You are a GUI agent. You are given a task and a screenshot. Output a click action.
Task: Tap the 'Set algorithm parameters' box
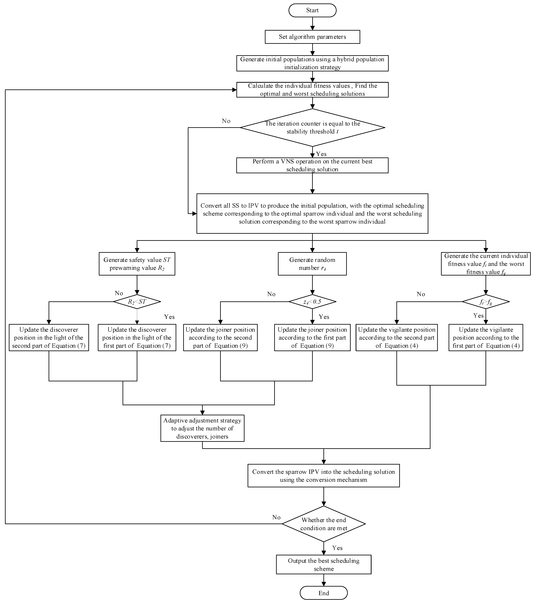(x=312, y=37)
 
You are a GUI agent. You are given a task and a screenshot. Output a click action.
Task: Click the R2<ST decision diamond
(x=137, y=301)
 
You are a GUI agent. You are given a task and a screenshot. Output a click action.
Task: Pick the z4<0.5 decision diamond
(x=312, y=301)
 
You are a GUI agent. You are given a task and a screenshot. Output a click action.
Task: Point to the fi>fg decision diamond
(x=485, y=301)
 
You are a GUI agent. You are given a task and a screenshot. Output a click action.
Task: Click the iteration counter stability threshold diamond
(x=312, y=127)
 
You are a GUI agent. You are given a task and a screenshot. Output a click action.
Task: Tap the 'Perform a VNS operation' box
(x=312, y=165)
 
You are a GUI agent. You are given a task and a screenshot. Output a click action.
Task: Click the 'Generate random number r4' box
(x=312, y=264)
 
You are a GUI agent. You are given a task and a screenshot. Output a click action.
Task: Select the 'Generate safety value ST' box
(x=137, y=264)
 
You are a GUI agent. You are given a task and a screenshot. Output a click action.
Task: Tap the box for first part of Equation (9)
(x=312, y=337)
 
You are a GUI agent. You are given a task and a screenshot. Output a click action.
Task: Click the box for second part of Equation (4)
(x=397, y=337)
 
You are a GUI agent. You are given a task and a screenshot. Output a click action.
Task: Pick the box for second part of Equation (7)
(x=49, y=337)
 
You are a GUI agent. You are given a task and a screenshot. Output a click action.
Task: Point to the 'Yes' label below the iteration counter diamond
(x=321, y=154)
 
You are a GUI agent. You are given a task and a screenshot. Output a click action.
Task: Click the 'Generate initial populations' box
(x=312, y=63)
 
